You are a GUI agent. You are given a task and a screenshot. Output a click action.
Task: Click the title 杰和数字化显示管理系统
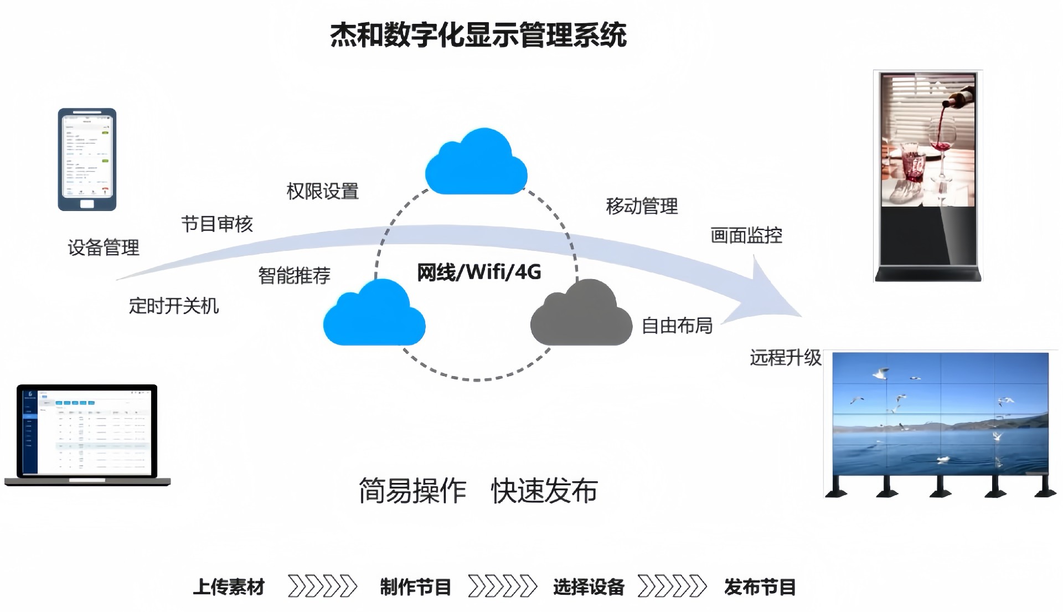(478, 35)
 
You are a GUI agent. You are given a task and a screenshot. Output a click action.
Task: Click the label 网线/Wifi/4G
(478, 272)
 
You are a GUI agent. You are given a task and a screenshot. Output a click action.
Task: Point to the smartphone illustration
(87, 160)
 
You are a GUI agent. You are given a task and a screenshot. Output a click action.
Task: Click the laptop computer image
(87, 435)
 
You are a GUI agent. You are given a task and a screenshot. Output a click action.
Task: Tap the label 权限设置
(322, 192)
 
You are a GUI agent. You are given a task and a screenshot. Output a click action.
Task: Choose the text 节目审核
(217, 224)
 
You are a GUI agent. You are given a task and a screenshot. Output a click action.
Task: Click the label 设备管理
(104, 248)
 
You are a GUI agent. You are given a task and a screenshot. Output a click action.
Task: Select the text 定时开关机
(174, 306)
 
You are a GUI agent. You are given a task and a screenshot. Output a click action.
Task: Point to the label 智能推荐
(294, 275)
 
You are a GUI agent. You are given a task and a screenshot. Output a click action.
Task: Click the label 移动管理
(642, 207)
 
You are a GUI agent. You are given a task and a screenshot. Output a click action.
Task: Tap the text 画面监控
(746, 236)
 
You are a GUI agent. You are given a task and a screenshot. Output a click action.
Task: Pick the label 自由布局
(677, 326)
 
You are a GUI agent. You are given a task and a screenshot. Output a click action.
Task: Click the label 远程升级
(785, 358)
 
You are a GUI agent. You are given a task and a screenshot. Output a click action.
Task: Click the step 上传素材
(229, 587)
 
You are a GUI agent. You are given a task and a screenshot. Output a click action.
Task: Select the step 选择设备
(589, 587)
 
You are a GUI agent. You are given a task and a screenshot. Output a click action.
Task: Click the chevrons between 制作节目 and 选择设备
(502, 587)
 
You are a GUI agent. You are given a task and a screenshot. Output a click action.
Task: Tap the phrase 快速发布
(544, 491)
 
